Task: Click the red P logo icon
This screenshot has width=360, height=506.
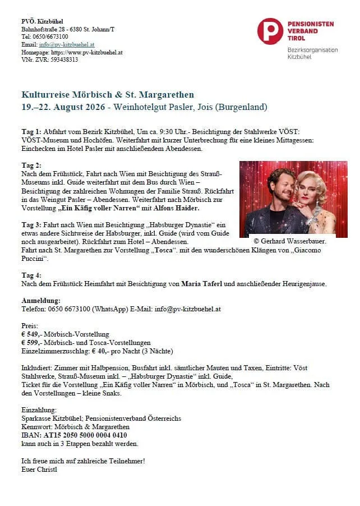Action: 270,31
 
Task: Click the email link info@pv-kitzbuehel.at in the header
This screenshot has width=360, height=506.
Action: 66,44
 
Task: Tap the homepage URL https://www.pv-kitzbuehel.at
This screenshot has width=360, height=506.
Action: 87,52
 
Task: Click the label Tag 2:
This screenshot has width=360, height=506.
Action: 31,165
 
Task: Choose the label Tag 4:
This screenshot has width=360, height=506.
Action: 31,275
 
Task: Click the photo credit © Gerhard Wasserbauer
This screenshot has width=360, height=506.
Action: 290,240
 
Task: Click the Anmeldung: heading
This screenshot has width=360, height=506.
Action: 40,301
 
